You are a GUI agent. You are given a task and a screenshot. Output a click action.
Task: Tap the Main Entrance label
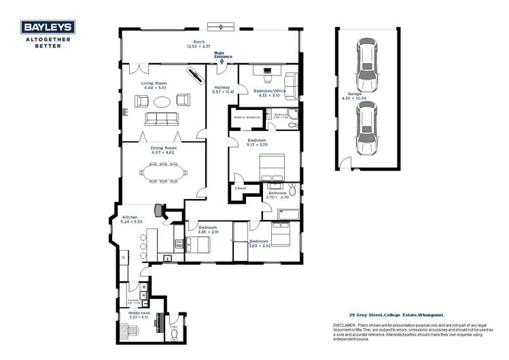[223, 55]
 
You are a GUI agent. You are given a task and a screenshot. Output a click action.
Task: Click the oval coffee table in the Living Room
[162, 101]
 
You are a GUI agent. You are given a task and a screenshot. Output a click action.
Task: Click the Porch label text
[199, 42]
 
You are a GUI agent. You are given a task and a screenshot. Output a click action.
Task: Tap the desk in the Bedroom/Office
[264, 69]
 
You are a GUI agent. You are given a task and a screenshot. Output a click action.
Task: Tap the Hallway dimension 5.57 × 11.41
[222, 92]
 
